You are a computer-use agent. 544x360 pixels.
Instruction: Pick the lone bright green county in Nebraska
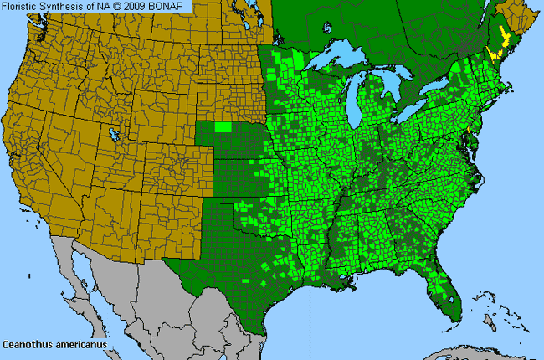(223, 127)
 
